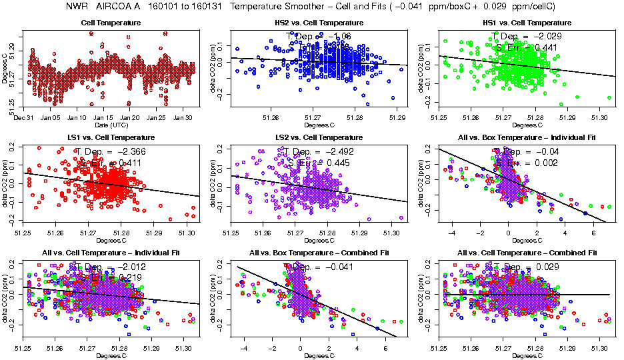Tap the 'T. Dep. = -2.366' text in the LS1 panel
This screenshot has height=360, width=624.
point(110,152)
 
